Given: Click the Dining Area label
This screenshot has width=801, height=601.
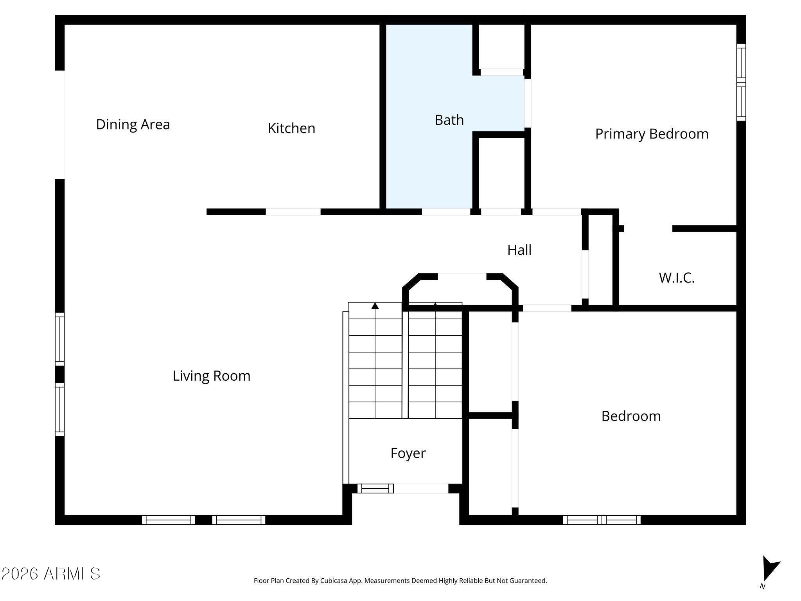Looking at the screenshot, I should (x=133, y=124).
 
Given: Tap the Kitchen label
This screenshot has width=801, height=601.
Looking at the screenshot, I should (x=291, y=128).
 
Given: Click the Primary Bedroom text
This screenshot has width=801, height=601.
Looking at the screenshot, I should (x=652, y=134).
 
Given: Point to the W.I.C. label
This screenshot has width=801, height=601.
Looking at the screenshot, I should (x=677, y=278).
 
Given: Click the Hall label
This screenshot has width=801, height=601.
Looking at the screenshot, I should (x=519, y=250).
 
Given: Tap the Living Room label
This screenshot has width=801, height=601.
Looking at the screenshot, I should (x=211, y=376).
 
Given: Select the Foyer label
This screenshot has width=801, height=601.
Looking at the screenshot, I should (x=408, y=453).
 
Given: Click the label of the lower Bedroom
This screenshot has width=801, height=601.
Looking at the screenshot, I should (x=631, y=416).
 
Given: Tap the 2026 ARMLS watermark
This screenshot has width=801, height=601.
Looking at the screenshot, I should (x=51, y=574).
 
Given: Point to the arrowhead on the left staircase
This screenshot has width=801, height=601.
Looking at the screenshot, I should (x=375, y=306).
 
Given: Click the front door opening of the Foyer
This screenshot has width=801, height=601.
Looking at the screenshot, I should (x=421, y=488).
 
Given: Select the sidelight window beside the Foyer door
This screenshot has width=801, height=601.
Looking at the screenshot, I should (x=375, y=488).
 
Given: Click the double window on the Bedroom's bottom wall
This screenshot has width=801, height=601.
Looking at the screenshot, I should (x=602, y=520).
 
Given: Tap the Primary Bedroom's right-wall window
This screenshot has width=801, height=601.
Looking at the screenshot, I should (x=741, y=82).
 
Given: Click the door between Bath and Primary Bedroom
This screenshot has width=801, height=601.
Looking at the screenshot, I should (x=528, y=103).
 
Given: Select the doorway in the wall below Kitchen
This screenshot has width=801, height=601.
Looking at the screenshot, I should (x=293, y=212).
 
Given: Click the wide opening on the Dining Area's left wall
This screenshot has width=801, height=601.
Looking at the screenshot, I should (x=60, y=124).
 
